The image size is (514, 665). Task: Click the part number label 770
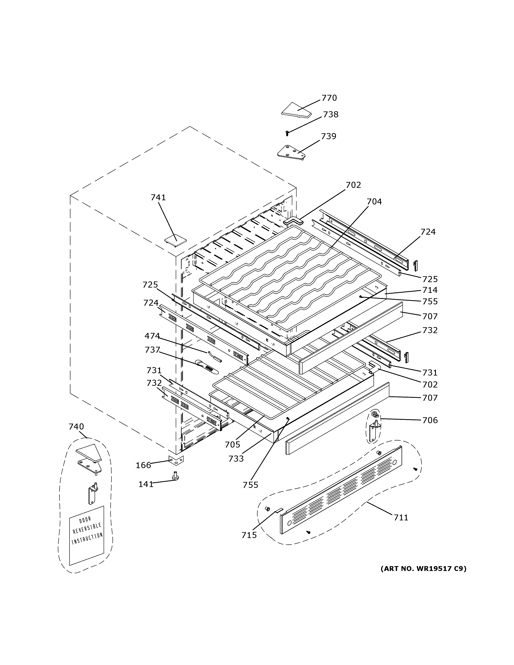(329, 98)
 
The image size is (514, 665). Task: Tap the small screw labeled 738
(287, 133)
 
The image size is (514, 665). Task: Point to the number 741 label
(158, 198)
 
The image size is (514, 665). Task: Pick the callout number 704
(374, 202)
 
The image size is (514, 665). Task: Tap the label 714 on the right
(430, 290)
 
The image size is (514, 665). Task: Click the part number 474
(152, 336)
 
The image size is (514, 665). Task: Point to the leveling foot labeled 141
(175, 476)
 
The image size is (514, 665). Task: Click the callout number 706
(430, 420)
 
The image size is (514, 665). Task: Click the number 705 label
(233, 445)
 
